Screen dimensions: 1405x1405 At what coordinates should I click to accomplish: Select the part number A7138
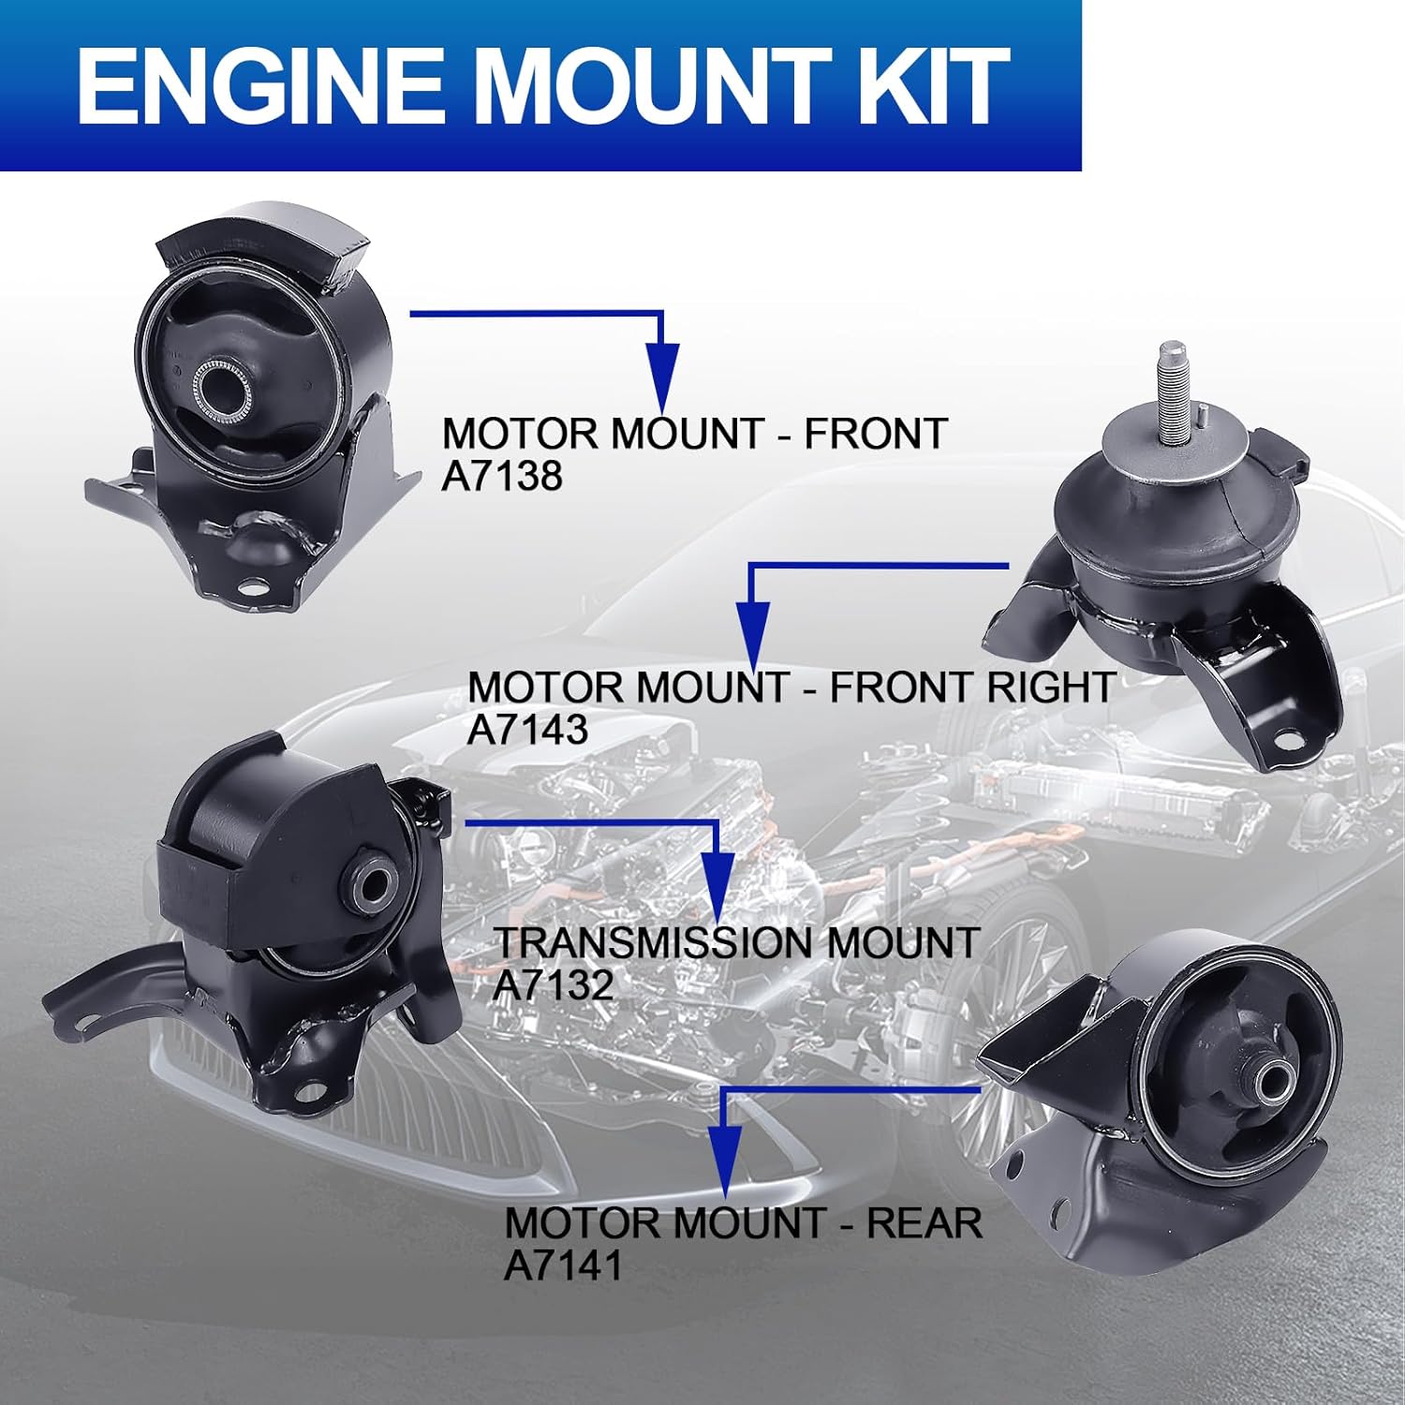coord(502,476)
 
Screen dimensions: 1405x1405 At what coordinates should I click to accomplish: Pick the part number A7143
coord(527,730)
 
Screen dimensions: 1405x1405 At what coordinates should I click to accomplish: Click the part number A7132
coord(553,984)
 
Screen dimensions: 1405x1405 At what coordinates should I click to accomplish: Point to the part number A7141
coord(563,1265)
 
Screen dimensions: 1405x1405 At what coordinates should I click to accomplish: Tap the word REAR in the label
coord(924,1223)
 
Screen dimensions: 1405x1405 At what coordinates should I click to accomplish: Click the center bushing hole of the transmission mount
coord(376,886)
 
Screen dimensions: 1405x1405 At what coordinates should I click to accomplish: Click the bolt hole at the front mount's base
coord(251,588)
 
